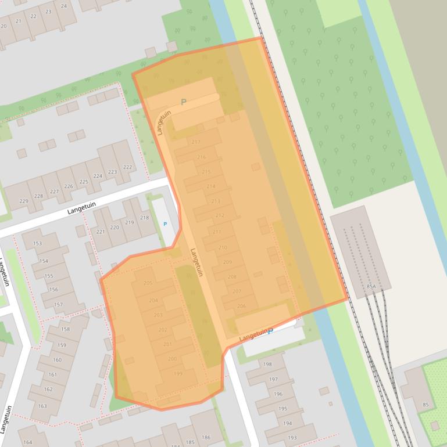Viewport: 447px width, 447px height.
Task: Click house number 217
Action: pyautogui.click(x=195, y=142)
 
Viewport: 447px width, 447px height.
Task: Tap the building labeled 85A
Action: pyautogui.click(x=371, y=287)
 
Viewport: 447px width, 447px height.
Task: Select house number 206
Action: pyautogui.click(x=241, y=306)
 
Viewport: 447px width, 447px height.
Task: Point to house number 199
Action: pyautogui.click(x=178, y=374)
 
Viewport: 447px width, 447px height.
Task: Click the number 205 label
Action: pyautogui.click(x=148, y=283)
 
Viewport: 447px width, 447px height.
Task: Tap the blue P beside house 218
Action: pyautogui.click(x=165, y=224)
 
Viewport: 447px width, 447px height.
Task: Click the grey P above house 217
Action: pyautogui.click(x=184, y=102)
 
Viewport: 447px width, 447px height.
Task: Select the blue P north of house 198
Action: pyautogui.click(x=270, y=331)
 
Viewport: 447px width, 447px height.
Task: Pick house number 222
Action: pyautogui.click(x=127, y=167)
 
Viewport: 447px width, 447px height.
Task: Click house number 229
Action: pyautogui.click(x=24, y=201)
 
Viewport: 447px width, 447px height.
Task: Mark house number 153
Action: pyautogui.click(x=38, y=244)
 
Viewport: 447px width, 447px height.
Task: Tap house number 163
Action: pyautogui.click(x=42, y=406)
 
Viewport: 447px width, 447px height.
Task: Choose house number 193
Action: pyautogui.click(x=292, y=438)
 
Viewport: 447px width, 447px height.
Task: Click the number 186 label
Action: pyautogui.click(x=206, y=437)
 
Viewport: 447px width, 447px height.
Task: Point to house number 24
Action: pyautogui.click(x=63, y=6)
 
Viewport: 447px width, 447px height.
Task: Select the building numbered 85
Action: pyautogui.click(x=425, y=405)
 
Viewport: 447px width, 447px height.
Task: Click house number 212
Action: pyautogui.click(x=220, y=215)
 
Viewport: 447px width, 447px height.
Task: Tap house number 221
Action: pyautogui.click(x=101, y=232)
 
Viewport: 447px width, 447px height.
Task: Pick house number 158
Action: pyautogui.click(x=65, y=329)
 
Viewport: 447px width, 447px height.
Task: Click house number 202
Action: pyautogui.click(x=162, y=330)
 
